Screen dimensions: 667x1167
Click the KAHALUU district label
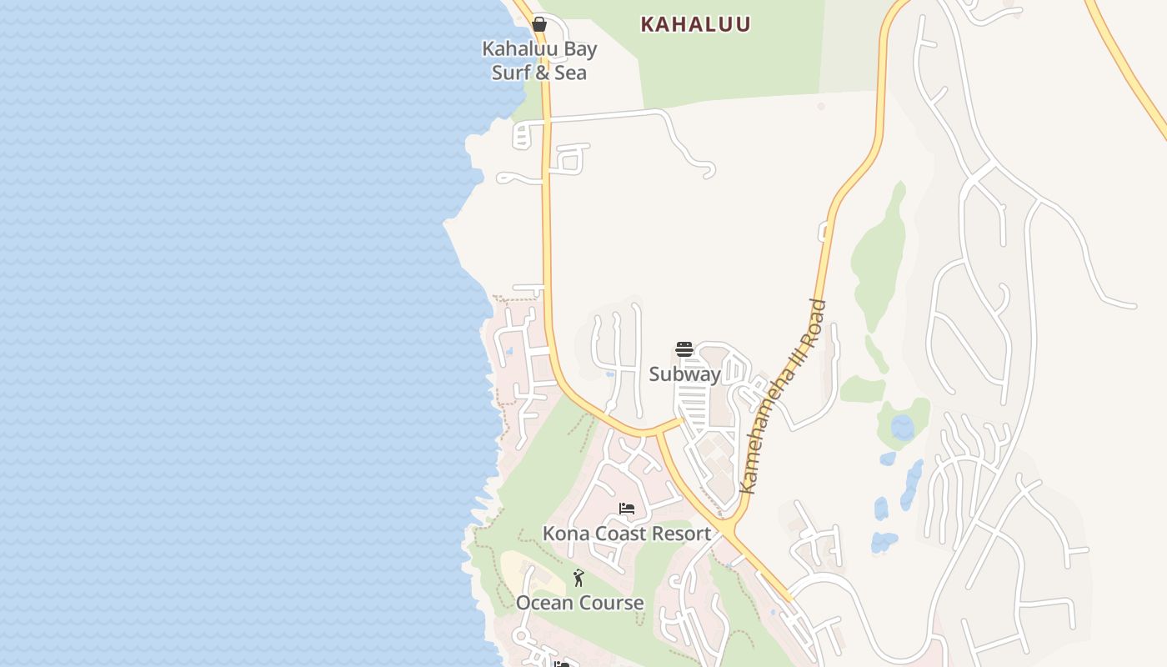pyautogui.click(x=695, y=24)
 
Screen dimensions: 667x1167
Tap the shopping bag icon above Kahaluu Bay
pyautogui.click(x=539, y=24)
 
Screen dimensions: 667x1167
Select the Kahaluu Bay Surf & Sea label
pyautogui.click(x=539, y=60)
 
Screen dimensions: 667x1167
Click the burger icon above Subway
pyautogui.click(x=684, y=349)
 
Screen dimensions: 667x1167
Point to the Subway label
pyautogui.click(x=684, y=374)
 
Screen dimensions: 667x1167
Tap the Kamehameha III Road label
pyautogui.click(x=784, y=396)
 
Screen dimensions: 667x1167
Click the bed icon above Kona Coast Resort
pyautogui.click(x=627, y=509)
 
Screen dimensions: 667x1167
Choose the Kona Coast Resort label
pyautogui.click(x=627, y=534)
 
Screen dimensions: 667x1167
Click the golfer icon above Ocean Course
pyautogui.click(x=578, y=577)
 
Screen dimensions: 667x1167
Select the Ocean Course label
pyautogui.click(x=579, y=603)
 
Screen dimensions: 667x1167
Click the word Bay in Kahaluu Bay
pyautogui.click(x=580, y=48)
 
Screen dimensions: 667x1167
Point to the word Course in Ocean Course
pyautogui.click(x=612, y=603)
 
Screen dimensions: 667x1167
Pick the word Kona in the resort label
pyautogui.click(x=563, y=534)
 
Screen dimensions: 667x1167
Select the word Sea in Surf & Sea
pyautogui.click(x=572, y=73)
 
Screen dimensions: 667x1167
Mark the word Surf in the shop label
pyautogui.click(x=509, y=73)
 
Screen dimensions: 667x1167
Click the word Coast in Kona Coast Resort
pyautogui.click(x=616, y=534)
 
